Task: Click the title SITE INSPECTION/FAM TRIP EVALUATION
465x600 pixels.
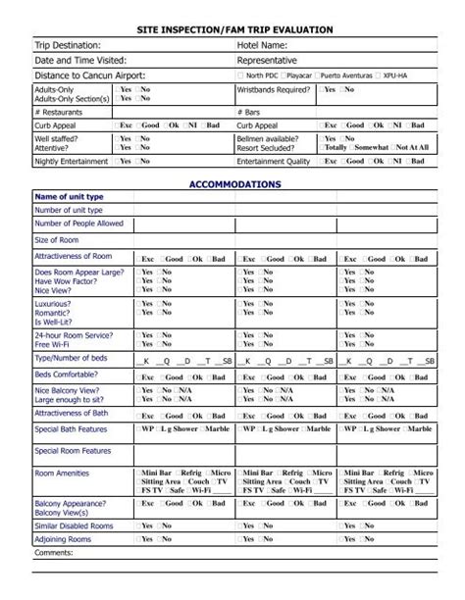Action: point(234,29)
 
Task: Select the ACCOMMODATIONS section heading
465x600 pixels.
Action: point(234,183)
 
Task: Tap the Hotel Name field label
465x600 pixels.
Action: point(262,45)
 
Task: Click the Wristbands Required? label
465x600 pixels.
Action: point(276,89)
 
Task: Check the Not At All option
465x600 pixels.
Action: point(412,147)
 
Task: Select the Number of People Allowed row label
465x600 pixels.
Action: point(79,224)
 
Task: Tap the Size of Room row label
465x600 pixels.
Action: point(57,240)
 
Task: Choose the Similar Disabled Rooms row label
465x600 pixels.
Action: point(75,525)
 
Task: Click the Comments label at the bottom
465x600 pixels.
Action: point(54,552)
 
